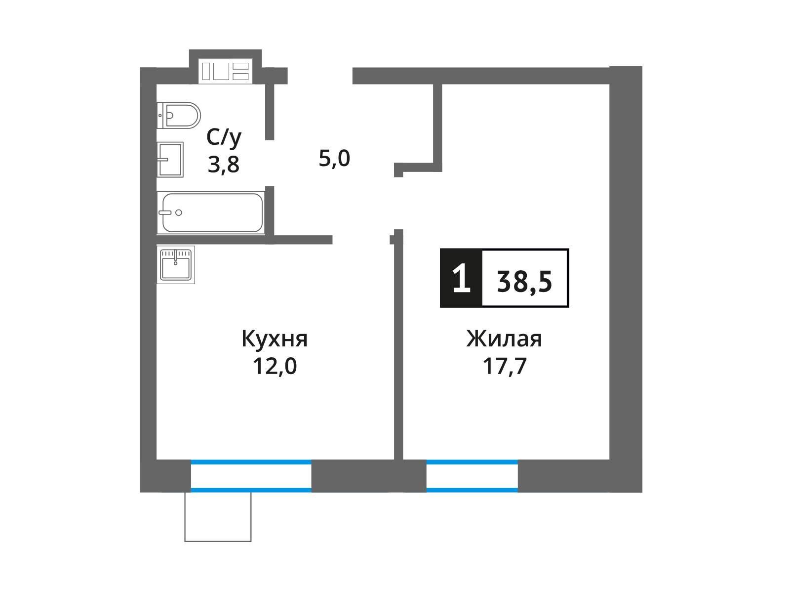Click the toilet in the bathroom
(x=179, y=115)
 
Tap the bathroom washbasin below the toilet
(x=170, y=160)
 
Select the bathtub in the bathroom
(x=211, y=213)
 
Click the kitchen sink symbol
(x=176, y=265)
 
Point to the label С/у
(x=224, y=138)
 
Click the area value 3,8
(x=224, y=165)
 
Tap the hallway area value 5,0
(x=334, y=159)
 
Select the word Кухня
(x=275, y=339)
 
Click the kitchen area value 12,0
(x=275, y=366)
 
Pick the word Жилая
(x=504, y=339)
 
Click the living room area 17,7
(x=505, y=366)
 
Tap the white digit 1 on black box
(x=461, y=278)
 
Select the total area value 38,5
(x=524, y=282)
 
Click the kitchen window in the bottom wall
(x=251, y=476)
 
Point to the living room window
(x=472, y=476)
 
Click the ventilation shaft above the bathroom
(x=225, y=71)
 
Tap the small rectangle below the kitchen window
(x=218, y=517)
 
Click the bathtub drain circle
(x=179, y=212)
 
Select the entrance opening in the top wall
(x=320, y=76)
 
